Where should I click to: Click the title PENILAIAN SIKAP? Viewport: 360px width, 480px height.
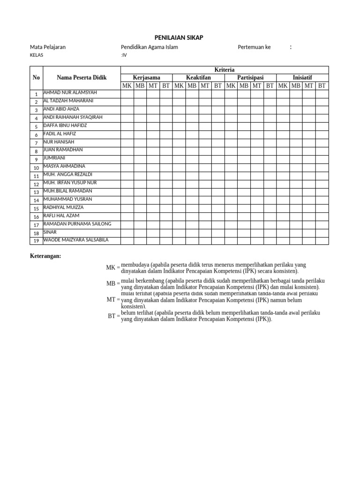[179, 37]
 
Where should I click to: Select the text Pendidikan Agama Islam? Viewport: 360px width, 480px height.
[149, 47]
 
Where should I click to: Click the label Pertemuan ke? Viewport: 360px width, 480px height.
[254, 47]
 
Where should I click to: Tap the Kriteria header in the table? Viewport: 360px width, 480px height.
[225, 69]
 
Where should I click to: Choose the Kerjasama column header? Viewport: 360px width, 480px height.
[146, 77]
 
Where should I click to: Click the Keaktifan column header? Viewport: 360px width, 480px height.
[198, 77]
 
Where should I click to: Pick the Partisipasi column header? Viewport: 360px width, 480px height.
[250, 77]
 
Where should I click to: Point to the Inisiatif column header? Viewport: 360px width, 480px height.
[302, 77]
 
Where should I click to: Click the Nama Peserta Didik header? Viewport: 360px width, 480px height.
[82, 77]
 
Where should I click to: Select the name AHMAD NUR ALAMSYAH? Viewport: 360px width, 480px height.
[70, 92]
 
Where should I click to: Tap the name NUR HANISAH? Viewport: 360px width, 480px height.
[59, 142]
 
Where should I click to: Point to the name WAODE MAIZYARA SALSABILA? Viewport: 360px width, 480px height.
[75, 240]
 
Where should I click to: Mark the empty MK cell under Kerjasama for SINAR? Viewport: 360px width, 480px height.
[127, 232]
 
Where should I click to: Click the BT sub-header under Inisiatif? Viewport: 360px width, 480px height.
[322, 85]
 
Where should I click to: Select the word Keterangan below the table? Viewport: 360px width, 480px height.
[45, 256]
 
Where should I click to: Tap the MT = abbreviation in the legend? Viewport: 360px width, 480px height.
[113, 299]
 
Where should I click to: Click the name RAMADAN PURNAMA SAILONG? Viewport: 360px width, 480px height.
[77, 224]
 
